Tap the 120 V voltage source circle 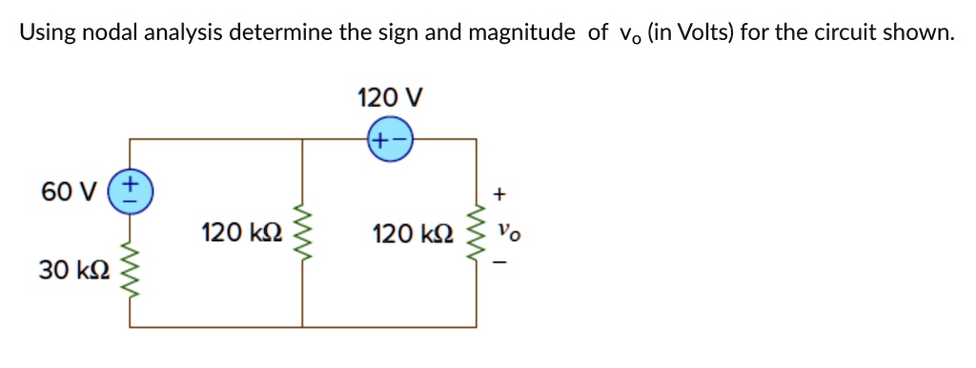point(390,139)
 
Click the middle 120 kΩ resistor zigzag point(303,234)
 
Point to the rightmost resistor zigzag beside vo point(476,235)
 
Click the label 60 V point(69,193)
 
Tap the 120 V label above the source point(389,97)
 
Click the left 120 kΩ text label point(235,234)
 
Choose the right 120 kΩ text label point(406,234)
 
